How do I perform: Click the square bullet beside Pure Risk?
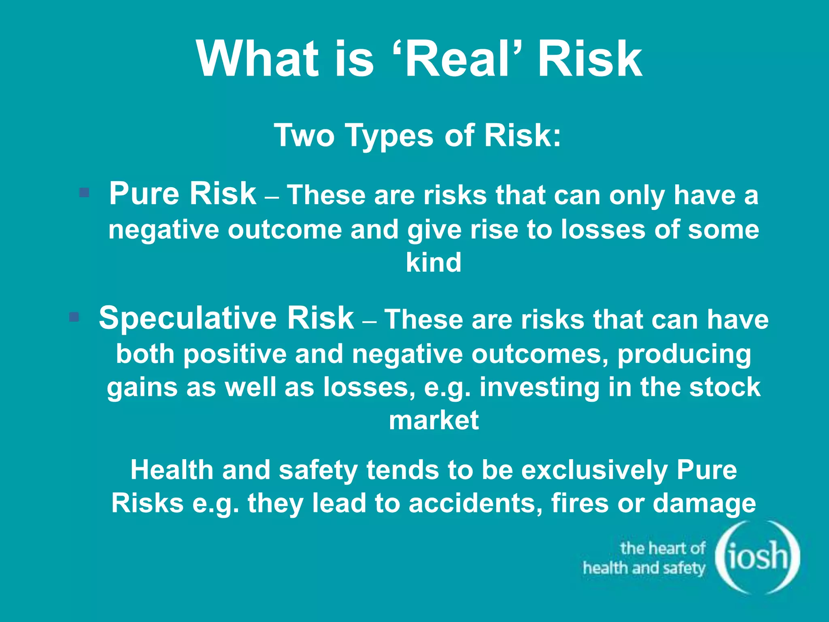[84, 192]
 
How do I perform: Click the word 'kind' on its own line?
[434, 262]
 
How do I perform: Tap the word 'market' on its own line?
[434, 420]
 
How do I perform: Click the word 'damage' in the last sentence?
[704, 504]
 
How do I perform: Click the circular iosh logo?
[757, 557]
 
